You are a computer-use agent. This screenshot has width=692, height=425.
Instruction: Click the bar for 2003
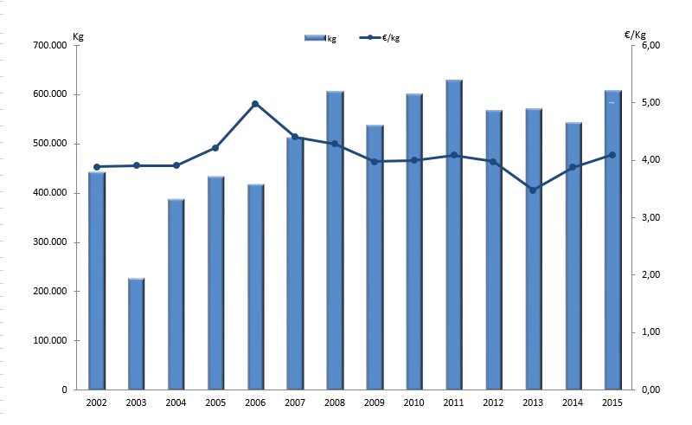(x=136, y=334)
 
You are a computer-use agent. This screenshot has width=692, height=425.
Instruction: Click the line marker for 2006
(x=255, y=104)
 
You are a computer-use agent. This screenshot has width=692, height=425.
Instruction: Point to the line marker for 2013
(x=533, y=190)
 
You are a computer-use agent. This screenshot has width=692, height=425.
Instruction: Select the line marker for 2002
(x=97, y=167)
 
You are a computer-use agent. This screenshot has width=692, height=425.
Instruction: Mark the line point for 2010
(x=414, y=160)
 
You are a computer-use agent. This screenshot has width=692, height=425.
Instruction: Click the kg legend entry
(x=321, y=38)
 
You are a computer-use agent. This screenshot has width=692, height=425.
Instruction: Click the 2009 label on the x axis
(x=375, y=403)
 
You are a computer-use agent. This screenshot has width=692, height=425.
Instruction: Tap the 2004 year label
(x=176, y=403)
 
